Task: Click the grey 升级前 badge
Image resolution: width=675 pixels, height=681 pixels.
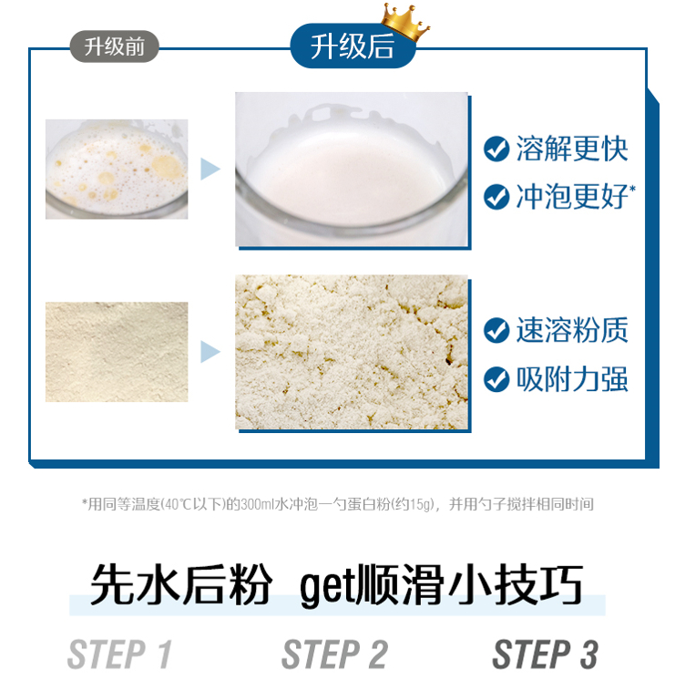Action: pos(115,46)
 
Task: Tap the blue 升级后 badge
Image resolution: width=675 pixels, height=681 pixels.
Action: pos(353,46)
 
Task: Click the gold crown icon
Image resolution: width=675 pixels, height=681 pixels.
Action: pos(404,21)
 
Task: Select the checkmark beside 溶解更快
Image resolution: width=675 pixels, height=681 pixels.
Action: pos(496,149)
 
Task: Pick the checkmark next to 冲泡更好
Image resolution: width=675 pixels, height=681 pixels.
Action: pos(496,197)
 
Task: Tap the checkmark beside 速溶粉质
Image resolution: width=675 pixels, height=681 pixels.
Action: pos(496,331)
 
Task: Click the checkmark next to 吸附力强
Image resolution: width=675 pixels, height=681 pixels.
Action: pos(496,379)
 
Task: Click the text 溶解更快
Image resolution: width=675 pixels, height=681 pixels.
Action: pos(572,149)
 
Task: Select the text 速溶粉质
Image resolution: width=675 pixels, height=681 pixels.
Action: pos(572,331)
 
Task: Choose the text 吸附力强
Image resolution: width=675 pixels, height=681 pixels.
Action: pos(572,379)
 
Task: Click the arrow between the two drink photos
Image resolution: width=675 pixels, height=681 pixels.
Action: pos(210,169)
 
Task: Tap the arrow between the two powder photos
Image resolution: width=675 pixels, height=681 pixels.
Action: pos(210,352)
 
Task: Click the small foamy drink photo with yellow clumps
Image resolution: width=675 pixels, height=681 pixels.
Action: pos(117,169)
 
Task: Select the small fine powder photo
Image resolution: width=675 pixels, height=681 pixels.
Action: pos(117,352)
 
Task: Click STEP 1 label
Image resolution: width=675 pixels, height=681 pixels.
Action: pos(120,655)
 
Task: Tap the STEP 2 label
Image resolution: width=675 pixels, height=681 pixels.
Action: pos(334,655)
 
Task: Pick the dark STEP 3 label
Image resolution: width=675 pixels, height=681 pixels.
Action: pos(546,655)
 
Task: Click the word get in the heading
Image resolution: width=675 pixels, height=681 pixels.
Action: pos(327,586)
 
